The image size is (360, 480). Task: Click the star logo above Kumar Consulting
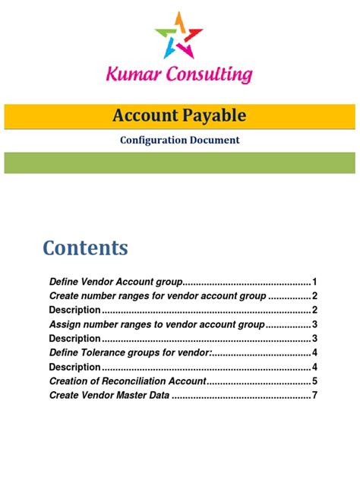[179, 36]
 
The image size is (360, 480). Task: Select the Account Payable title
[179, 115]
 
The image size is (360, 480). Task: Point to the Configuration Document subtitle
[179, 140]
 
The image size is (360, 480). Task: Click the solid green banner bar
[179, 163]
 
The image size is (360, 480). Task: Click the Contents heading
[85, 248]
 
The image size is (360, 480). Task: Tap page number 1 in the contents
[314, 282]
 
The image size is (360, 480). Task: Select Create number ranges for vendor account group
[157, 296]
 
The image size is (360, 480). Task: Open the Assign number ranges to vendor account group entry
[156, 324]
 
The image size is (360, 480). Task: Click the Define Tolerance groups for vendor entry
[129, 353]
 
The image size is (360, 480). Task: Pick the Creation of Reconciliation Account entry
[128, 381]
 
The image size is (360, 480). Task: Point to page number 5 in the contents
[314, 381]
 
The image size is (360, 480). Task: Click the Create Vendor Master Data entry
[109, 396]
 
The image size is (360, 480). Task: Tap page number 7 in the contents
[314, 396]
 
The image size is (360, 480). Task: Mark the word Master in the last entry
[134, 396]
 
